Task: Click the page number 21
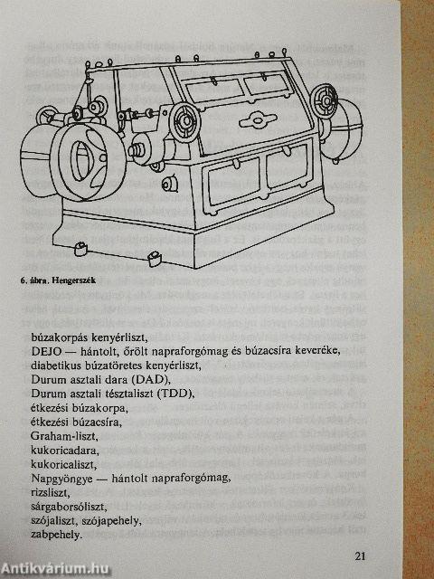tap(360, 555)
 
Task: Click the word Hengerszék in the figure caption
tap(73, 280)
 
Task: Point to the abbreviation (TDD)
tap(175, 394)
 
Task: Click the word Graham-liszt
tap(64, 436)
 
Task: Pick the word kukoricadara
tap(65, 451)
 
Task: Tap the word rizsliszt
tap(51, 492)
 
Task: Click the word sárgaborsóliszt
tap(69, 507)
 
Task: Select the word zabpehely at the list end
tap(56, 535)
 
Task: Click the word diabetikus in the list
tap(57, 365)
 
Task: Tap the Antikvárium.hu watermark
tap(54, 568)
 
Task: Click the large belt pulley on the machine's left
tap(88, 161)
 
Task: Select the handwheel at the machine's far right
tap(325, 100)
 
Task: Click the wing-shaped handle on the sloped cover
tap(258, 120)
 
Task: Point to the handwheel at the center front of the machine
tap(185, 120)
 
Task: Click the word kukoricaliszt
tap(63, 464)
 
